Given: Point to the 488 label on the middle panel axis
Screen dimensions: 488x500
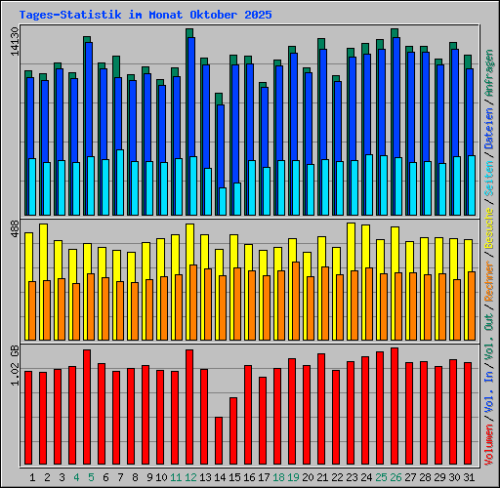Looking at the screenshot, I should [x=16, y=227].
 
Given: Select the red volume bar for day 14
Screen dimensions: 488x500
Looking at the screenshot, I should [x=219, y=441].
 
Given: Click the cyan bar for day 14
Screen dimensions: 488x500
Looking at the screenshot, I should [x=222, y=201].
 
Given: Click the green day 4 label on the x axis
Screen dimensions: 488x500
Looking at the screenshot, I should [x=75, y=477].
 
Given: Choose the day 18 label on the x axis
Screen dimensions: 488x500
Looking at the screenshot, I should [x=278, y=477].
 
